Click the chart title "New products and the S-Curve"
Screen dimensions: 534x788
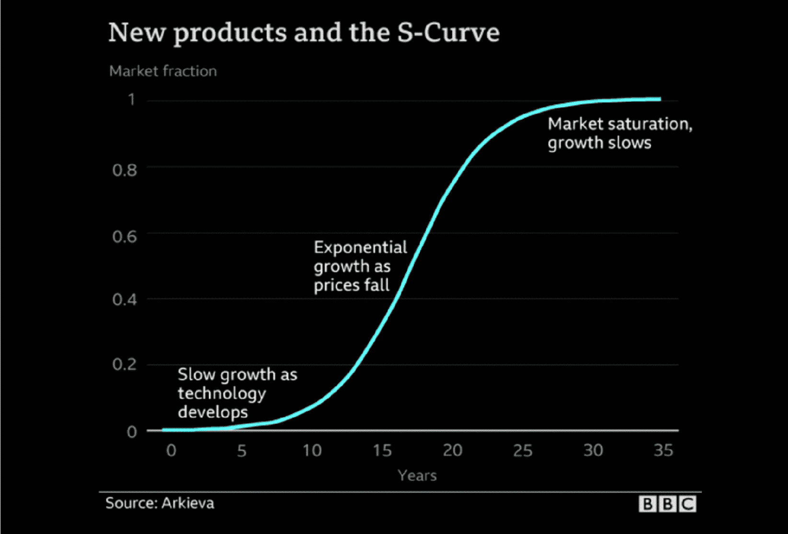[304, 33]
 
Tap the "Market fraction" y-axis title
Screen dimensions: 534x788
[163, 71]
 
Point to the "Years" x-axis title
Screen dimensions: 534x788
[417, 476]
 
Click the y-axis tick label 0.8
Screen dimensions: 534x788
[125, 170]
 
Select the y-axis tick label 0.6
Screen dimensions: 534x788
[125, 236]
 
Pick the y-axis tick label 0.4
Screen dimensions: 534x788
[125, 300]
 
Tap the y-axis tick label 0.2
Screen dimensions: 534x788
[125, 364]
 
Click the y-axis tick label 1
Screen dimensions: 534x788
[131, 99]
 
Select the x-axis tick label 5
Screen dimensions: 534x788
[241, 451]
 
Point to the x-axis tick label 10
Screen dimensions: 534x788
[312, 451]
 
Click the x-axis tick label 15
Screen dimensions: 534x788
[382, 451]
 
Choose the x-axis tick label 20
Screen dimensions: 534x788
[452, 451]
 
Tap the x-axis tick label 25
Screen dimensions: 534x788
[523, 451]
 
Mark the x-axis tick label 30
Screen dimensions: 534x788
[593, 451]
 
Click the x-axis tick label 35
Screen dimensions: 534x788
[663, 451]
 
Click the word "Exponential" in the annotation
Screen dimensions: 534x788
[360, 248]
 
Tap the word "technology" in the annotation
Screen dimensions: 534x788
[221, 394]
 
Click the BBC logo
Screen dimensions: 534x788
[667, 504]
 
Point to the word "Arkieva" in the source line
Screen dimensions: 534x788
[188, 503]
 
